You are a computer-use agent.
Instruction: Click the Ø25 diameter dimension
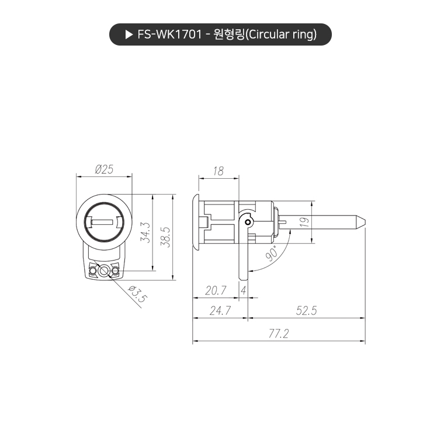click(x=104, y=169)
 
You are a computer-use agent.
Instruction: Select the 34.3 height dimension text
click(x=146, y=232)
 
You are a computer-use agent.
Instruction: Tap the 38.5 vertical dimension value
click(x=165, y=236)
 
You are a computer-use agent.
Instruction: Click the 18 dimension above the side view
click(x=218, y=171)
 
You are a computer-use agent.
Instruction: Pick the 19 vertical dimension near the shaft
click(x=303, y=222)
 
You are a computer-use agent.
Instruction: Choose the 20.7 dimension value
click(x=216, y=290)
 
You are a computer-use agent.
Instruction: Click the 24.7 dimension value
click(x=220, y=311)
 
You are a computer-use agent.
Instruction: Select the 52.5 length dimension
click(x=306, y=311)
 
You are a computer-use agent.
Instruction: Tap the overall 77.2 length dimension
click(x=279, y=334)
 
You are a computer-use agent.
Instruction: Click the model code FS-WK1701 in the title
click(x=170, y=34)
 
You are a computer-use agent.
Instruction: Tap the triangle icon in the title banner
click(x=130, y=34)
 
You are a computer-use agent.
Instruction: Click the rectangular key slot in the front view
click(x=104, y=222)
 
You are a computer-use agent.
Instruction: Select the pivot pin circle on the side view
click(x=248, y=222)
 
